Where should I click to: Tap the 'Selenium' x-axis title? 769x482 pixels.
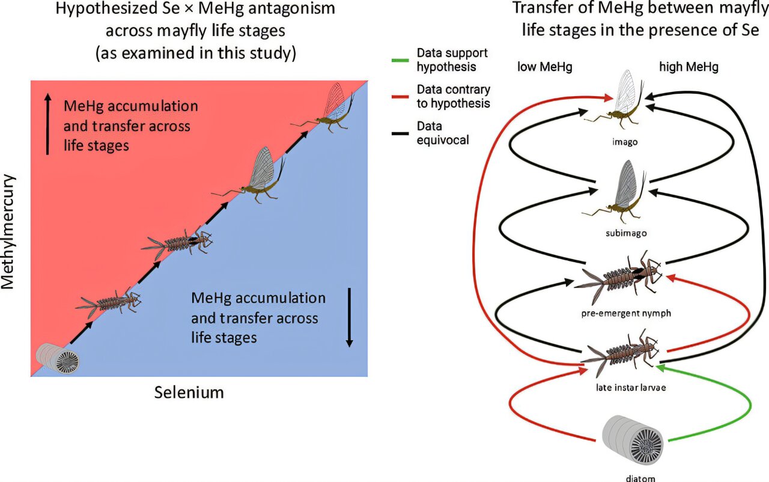coord(189,393)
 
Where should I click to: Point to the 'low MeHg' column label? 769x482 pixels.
coord(545,67)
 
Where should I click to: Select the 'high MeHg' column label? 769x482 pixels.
coord(688,67)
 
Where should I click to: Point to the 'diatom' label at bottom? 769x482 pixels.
coord(634,478)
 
